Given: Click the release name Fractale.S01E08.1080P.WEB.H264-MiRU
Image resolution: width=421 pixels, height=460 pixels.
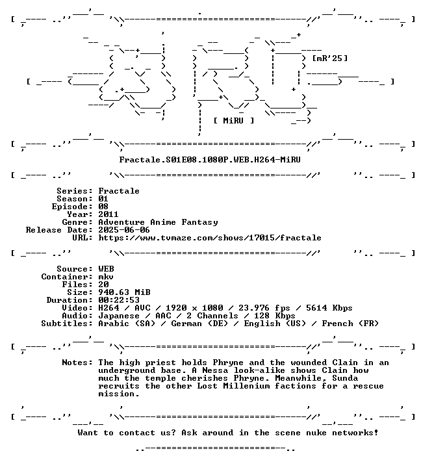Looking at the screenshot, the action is tap(210, 160).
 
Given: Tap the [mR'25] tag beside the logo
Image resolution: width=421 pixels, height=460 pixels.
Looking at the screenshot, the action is tap(330, 58).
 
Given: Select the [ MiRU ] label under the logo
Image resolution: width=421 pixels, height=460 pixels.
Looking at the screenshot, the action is tap(233, 121).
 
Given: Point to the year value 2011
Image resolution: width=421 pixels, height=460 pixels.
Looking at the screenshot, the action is tap(108, 214).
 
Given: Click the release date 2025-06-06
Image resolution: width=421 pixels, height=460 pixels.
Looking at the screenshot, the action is tap(124, 230).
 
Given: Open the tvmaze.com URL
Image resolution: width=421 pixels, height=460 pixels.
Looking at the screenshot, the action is tap(210, 238).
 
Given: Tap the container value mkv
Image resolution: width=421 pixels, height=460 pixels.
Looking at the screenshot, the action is tap(106, 277).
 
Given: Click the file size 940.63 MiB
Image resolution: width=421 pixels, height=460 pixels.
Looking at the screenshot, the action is tap(124, 292).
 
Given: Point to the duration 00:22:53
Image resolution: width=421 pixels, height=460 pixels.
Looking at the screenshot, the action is tap(119, 300).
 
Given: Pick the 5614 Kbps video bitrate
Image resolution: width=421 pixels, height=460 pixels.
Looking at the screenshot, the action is tap(329, 308).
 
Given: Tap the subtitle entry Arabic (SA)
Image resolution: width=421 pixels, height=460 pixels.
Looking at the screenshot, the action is tap(127, 324).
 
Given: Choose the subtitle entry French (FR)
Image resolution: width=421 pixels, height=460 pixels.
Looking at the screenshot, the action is tap(350, 324).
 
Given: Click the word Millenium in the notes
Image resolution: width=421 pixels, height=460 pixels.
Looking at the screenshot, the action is tap(246, 386).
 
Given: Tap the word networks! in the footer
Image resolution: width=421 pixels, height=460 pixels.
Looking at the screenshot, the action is tap(355, 433).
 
